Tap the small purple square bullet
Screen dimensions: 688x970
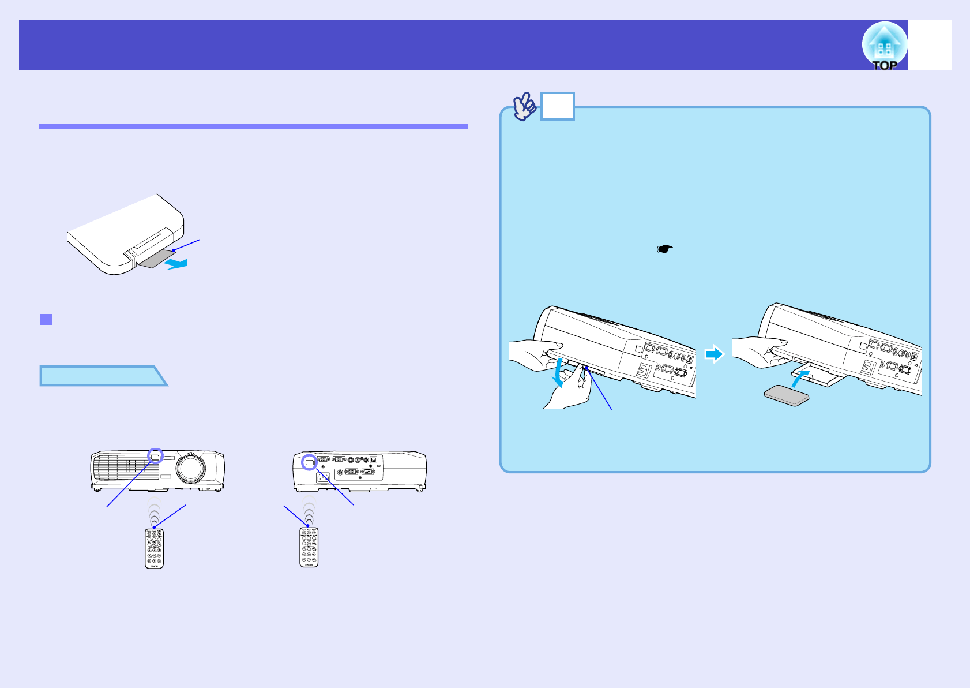click(46, 319)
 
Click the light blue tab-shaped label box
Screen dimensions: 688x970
click(101, 376)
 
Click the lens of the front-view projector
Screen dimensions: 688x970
click(190, 468)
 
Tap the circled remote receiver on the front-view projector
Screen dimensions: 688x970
click(155, 456)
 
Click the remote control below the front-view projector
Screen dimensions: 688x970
click(154, 548)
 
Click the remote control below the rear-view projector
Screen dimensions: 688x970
click(309, 547)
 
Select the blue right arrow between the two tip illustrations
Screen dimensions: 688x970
click(715, 354)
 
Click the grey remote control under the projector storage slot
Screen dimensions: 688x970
click(786, 396)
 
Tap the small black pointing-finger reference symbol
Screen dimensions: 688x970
click(665, 249)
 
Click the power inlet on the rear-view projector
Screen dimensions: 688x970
click(323, 477)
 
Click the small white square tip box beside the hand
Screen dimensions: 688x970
click(558, 106)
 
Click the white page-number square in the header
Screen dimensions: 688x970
click(930, 46)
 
